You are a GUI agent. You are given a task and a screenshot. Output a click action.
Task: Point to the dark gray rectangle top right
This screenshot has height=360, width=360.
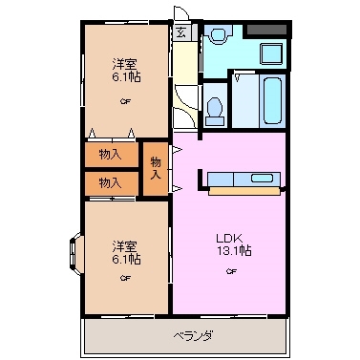267,30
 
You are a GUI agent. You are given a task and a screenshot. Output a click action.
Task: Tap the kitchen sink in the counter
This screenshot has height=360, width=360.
260,179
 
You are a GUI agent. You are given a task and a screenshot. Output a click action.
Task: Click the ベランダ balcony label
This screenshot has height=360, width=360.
193,335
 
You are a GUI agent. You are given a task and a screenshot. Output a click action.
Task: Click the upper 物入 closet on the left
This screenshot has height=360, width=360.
110,153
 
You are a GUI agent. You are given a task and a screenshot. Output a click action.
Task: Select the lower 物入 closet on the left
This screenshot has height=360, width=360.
110,181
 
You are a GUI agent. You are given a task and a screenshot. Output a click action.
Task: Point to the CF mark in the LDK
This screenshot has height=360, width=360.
230,272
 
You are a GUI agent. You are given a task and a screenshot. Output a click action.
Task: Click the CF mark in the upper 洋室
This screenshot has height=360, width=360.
125,102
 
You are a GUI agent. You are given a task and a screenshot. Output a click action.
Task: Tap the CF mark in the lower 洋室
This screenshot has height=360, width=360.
125,279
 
